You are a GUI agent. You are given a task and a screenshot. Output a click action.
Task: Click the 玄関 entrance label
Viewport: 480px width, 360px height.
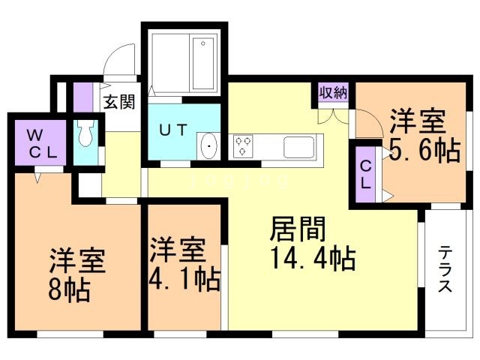point(119,102)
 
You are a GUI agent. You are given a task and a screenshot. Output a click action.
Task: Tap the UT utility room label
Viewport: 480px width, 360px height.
point(173,128)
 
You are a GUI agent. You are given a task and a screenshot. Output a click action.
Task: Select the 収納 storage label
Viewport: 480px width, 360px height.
point(334,92)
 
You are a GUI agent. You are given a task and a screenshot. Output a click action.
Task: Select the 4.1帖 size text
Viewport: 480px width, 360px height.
point(185,280)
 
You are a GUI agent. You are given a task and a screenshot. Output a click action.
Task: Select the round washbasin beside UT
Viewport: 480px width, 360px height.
point(208,145)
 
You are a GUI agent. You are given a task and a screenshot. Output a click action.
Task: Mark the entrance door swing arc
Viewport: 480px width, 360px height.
point(117,63)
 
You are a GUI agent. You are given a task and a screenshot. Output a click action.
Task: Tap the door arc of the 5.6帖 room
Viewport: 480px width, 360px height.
point(365,120)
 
